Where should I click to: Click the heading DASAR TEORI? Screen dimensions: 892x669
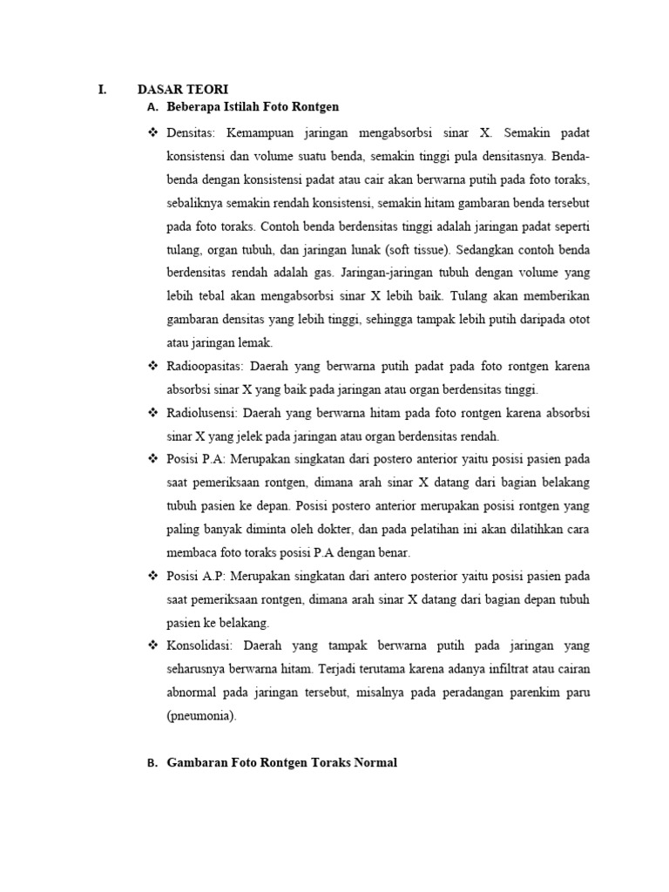pos(183,89)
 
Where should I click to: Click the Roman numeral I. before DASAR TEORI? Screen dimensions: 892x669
pos(102,89)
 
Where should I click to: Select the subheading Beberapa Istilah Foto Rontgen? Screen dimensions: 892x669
pos(252,107)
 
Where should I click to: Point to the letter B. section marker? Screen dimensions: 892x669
pos(152,763)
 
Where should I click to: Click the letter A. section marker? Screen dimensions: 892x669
pos(152,107)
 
